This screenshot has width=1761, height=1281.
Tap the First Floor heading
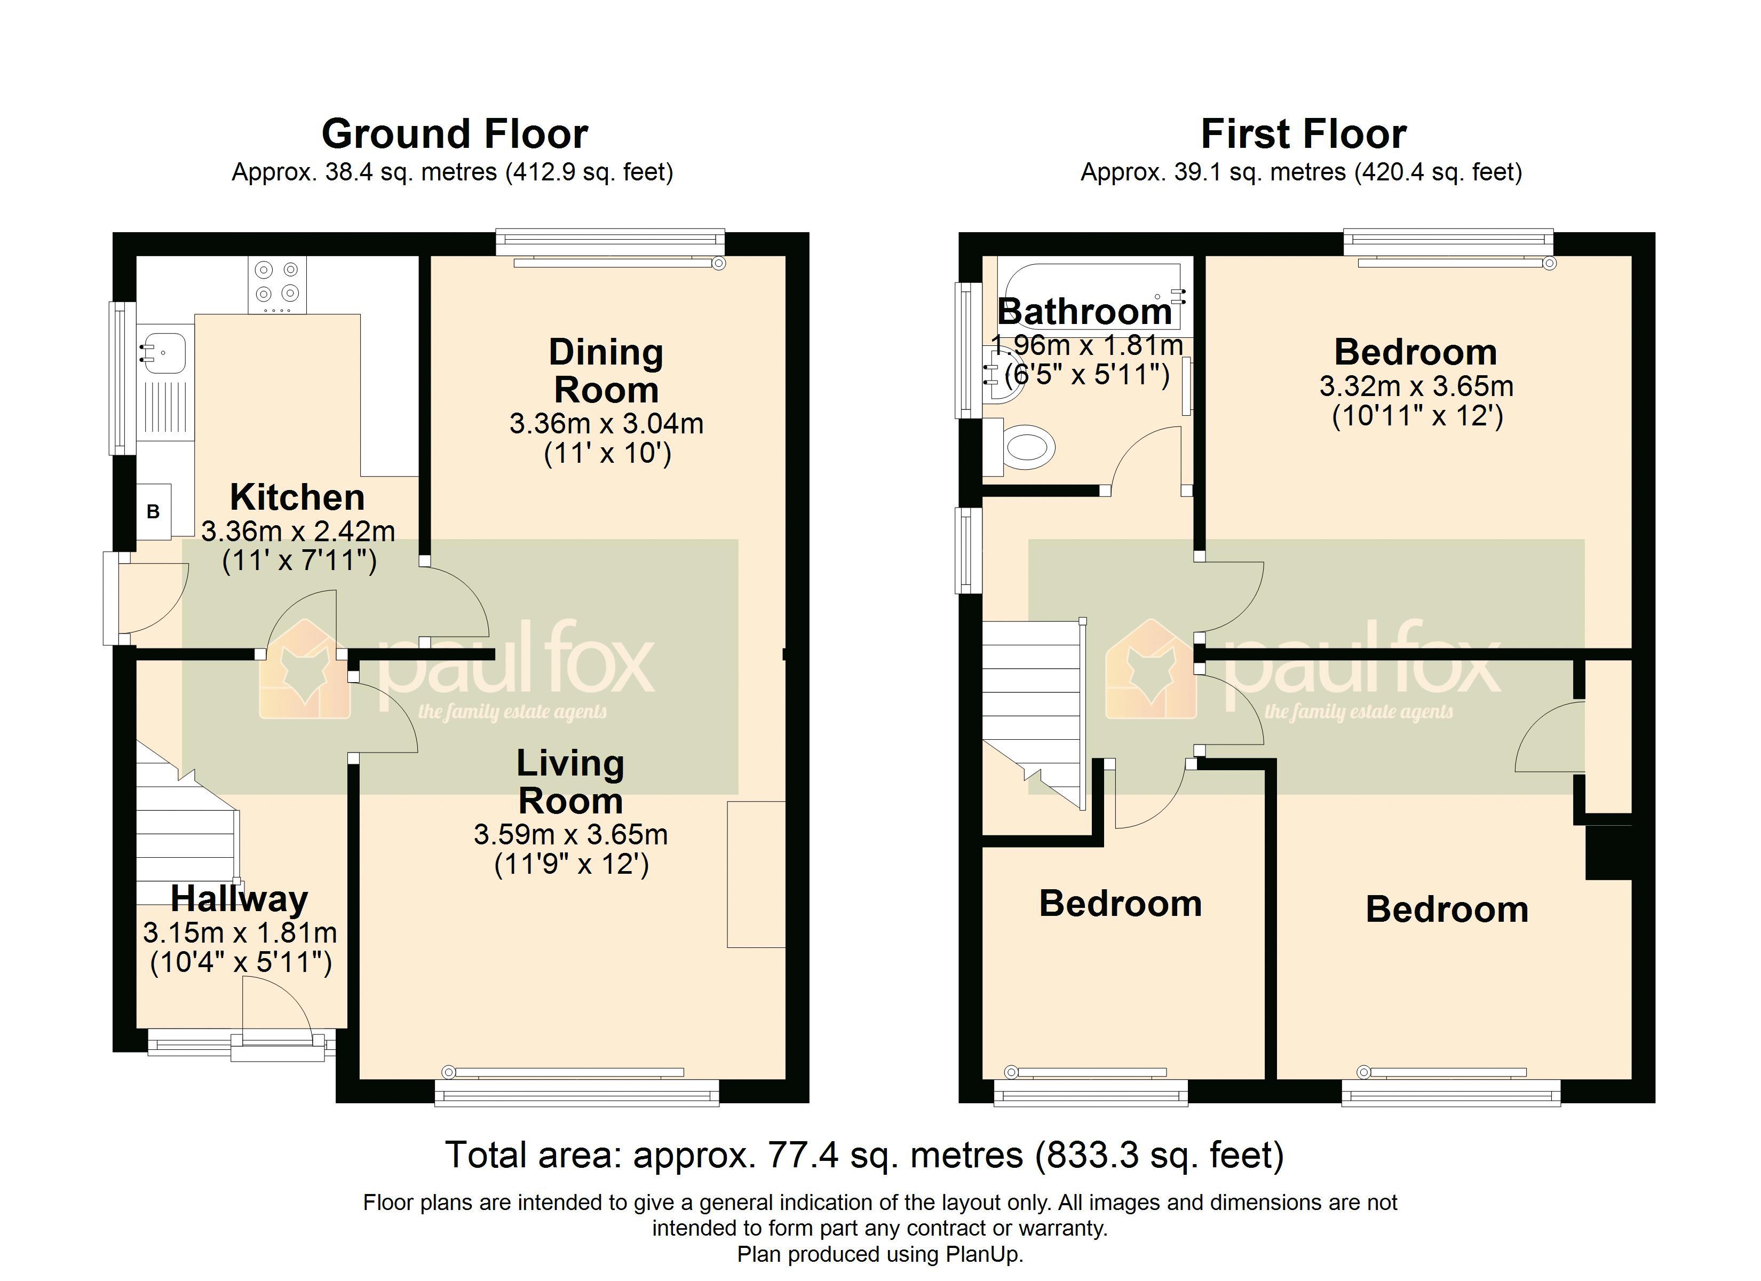coord(1303,133)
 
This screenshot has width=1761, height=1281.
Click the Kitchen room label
coord(297,497)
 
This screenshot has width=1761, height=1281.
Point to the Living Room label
coord(570,781)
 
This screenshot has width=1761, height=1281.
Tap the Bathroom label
coord(1085,312)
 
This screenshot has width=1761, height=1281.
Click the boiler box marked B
coord(154,511)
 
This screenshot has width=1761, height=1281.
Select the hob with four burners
coord(277,284)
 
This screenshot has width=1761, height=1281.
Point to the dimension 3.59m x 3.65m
coord(570,834)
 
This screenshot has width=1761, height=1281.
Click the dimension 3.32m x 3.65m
coord(1416,386)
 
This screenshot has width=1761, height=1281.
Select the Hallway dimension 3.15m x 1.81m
coord(240,932)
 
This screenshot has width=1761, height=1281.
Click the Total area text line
coord(864,1155)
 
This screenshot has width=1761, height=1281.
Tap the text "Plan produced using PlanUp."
coord(880,1254)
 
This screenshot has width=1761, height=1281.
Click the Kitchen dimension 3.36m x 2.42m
coord(298,532)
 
